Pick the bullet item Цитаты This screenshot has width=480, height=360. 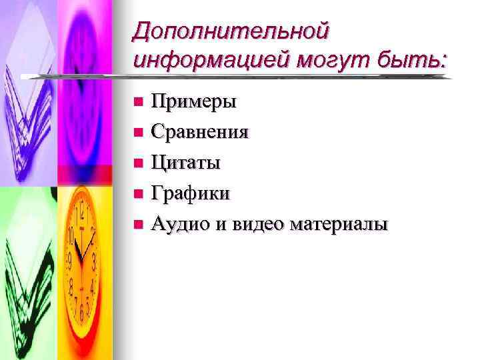tap(186, 162)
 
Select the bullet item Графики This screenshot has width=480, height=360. tap(191, 193)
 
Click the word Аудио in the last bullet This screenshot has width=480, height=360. tap(180, 223)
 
